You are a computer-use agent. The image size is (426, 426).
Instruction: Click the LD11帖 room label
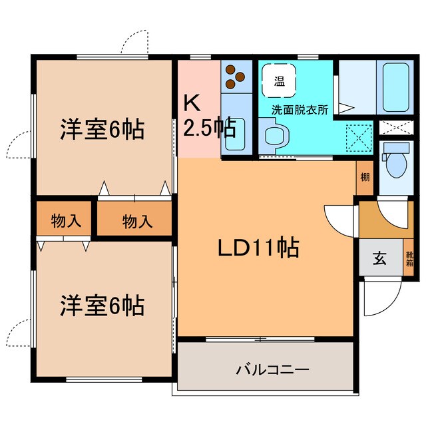[258, 248]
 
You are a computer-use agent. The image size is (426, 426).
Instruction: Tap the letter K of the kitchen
[192, 103]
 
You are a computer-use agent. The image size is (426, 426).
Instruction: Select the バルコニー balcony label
[272, 370]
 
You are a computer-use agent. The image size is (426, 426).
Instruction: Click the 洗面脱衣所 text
[300, 109]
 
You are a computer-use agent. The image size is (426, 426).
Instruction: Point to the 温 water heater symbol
[279, 81]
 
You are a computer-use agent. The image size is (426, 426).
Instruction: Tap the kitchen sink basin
[234, 134]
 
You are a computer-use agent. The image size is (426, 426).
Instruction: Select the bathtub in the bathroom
[396, 87]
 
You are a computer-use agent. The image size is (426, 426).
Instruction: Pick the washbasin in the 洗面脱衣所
[274, 135]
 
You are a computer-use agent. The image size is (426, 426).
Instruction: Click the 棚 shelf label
[365, 178]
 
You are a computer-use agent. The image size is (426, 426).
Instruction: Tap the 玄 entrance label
[379, 258]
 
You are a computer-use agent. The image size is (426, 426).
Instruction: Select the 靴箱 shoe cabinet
[409, 258]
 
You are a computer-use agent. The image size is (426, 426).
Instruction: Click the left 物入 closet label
[66, 220]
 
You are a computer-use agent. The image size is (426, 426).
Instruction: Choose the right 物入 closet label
[137, 221]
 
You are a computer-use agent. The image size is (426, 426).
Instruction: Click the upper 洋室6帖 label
[102, 129]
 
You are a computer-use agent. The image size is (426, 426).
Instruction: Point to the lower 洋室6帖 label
[102, 306]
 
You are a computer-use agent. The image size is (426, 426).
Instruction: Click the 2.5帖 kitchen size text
[210, 127]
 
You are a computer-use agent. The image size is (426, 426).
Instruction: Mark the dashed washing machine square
[359, 138]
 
